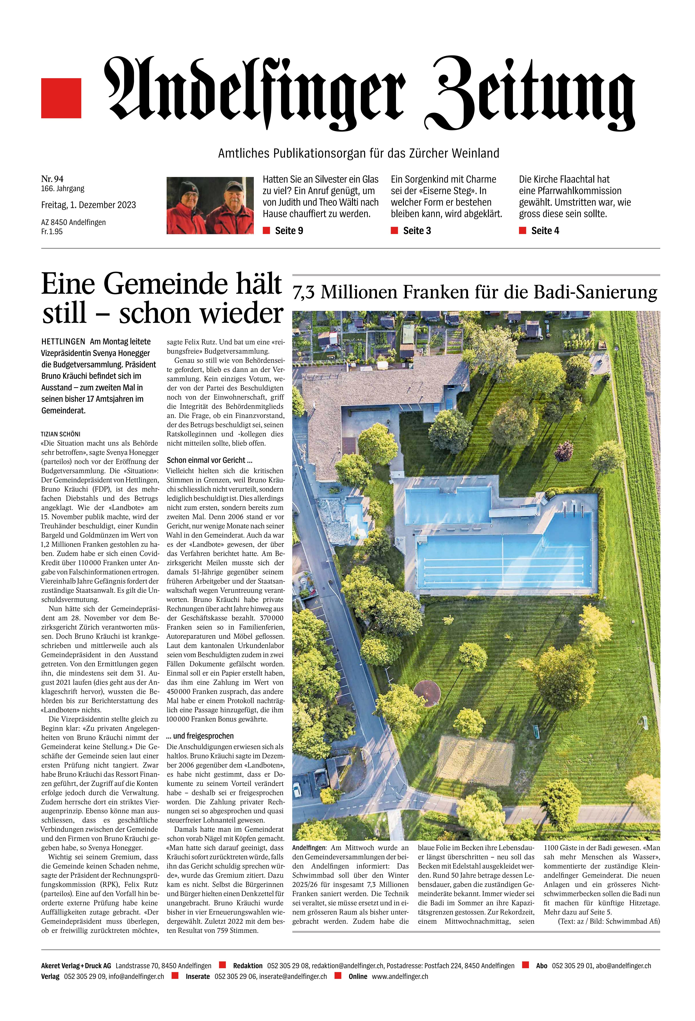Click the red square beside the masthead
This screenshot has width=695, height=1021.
(61, 98)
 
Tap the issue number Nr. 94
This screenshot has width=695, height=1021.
(52, 178)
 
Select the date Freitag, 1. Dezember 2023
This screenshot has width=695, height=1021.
(88, 205)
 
